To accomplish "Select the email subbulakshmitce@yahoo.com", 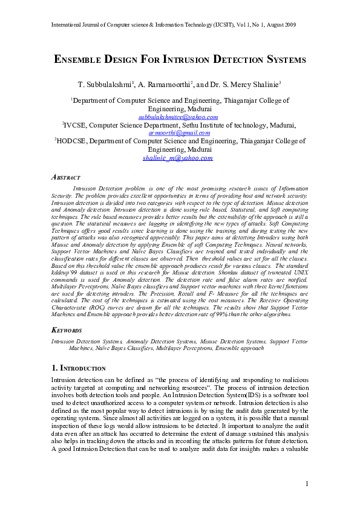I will coord(178,117).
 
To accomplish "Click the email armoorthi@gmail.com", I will coord(179,132).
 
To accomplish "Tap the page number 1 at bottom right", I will coord(307,483).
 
